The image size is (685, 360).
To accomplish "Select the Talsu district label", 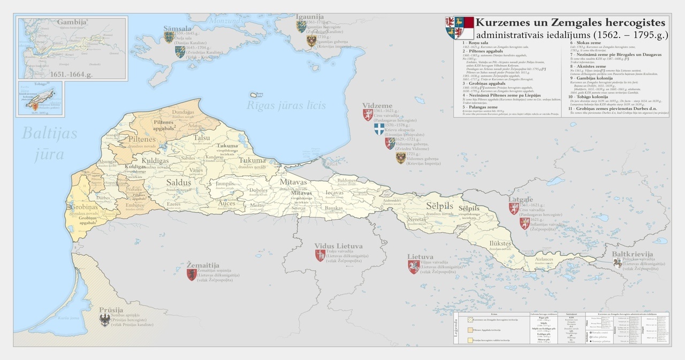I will pos(202,137).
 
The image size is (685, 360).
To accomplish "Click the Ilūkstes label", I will pos(499,243).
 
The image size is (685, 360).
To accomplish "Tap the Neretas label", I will pos(415,219).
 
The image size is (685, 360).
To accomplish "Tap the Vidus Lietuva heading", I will pos(338,246).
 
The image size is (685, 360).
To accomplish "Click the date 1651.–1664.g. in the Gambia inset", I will pos(70,74).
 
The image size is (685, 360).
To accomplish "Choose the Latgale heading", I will pos(521,199).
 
